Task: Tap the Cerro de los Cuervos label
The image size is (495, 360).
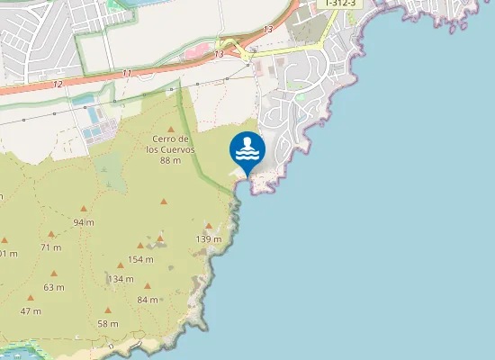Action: (171, 144)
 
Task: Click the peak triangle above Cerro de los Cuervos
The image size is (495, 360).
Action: (171, 128)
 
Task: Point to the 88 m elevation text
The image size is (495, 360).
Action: (171, 160)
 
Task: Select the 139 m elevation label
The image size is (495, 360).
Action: (209, 238)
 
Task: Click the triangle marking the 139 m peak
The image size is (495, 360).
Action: (209, 226)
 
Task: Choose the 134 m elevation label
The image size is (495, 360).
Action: (121, 279)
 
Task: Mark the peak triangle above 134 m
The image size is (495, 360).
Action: (121, 265)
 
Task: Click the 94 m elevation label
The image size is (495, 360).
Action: (84, 221)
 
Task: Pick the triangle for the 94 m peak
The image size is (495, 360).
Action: (84, 208)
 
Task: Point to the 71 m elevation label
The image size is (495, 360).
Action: (51, 247)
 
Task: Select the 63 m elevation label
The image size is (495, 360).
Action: (53, 288)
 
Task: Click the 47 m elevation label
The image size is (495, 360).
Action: (31, 311)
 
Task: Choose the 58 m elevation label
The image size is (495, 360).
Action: (108, 324)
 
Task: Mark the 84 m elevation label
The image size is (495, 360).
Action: (148, 300)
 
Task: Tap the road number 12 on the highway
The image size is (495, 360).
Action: (58, 84)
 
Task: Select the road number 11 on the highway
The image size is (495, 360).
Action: (126, 73)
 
